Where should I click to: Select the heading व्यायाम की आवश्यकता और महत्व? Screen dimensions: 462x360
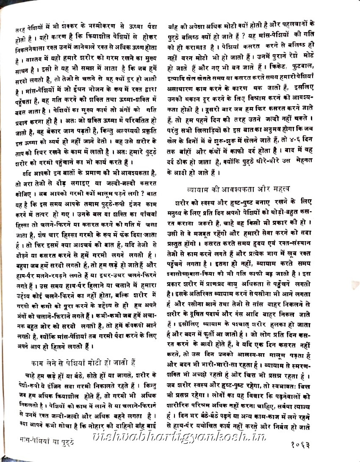(243, 189)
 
